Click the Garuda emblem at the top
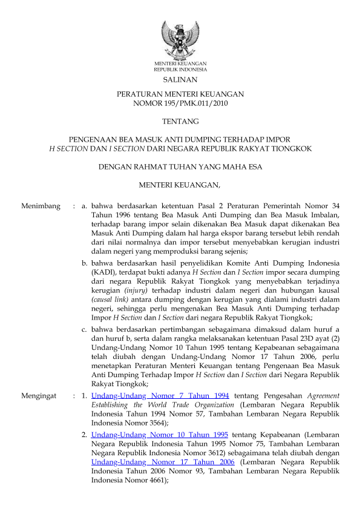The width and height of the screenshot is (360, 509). [180, 39]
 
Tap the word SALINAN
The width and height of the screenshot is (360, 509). [180, 80]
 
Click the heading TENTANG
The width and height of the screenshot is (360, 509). [180, 122]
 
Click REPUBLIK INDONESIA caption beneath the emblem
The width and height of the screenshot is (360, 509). [180, 70]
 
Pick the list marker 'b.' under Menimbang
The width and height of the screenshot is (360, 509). [85, 263]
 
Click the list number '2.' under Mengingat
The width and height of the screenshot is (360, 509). [85, 435]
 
